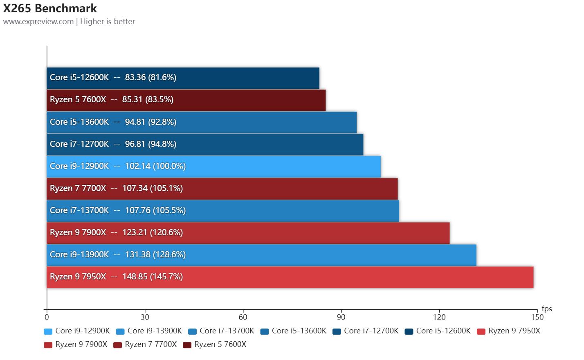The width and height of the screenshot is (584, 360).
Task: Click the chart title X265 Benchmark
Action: click(x=50, y=8)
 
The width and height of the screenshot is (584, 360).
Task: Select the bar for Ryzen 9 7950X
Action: click(x=290, y=277)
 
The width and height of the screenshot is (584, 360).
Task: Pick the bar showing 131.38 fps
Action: click(x=261, y=255)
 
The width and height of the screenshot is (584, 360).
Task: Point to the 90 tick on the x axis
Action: click(x=341, y=317)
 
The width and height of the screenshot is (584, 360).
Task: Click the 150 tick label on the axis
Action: click(x=537, y=317)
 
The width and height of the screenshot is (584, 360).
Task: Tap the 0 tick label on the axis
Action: click(x=47, y=317)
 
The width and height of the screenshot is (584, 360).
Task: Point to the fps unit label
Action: click(x=547, y=308)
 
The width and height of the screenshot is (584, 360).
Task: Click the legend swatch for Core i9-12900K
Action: click(x=48, y=331)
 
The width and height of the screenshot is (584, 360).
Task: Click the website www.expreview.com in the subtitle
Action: click(x=38, y=22)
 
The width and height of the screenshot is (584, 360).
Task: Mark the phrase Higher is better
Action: click(x=108, y=22)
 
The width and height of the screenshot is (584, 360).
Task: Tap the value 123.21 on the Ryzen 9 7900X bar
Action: click(x=134, y=233)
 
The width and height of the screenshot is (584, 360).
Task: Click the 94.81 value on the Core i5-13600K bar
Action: click(x=135, y=122)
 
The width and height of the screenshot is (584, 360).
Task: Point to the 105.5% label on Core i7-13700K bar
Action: click(x=169, y=211)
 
